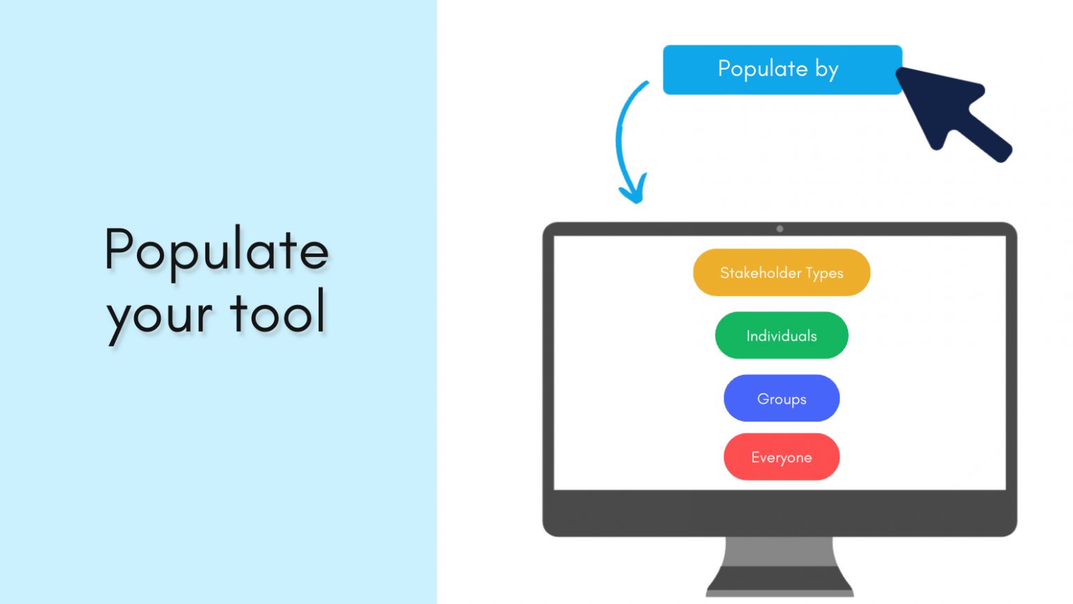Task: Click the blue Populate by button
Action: (782, 70)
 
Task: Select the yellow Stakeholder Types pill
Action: (781, 272)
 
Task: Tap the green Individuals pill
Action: (781, 335)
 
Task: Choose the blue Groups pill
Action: (781, 398)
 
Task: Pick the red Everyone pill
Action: (781, 457)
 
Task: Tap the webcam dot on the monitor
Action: (780, 229)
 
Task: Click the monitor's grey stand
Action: (780, 566)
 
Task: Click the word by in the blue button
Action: (826, 70)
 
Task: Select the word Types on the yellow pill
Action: (824, 273)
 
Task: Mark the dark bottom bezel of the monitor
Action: (780, 513)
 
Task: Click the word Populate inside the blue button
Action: (762, 69)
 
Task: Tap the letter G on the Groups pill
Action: (763, 399)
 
